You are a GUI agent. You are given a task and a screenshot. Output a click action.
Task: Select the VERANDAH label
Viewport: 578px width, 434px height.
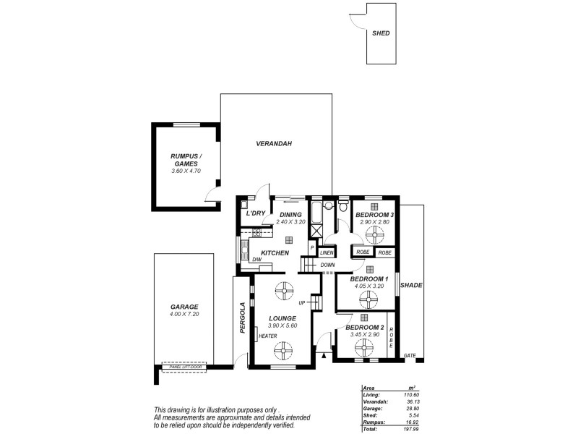click(x=273, y=144)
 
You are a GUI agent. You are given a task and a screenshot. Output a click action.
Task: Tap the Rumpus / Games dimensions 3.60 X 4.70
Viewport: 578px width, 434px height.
click(x=186, y=171)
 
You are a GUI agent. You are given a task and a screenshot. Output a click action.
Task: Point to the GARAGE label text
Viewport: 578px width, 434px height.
click(x=184, y=307)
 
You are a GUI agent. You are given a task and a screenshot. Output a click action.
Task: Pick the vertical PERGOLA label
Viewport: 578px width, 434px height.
click(x=243, y=318)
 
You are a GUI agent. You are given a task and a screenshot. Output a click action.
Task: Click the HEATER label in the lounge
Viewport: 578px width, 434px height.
click(x=267, y=335)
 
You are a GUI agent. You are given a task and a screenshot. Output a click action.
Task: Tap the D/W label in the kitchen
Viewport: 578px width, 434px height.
click(x=256, y=260)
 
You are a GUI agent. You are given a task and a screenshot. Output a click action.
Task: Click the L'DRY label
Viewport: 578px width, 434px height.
click(x=256, y=213)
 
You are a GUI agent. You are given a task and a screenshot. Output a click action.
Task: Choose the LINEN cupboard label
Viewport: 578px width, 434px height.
click(x=327, y=252)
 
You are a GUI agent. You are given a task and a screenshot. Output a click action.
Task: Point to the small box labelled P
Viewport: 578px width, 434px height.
click(x=312, y=248)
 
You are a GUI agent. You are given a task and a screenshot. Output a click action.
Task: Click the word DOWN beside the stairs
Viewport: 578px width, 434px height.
click(x=327, y=265)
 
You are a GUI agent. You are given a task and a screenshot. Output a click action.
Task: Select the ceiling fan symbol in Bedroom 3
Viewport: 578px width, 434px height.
click(x=376, y=234)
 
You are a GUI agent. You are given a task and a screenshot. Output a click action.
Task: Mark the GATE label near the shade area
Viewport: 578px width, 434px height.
click(x=410, y=355)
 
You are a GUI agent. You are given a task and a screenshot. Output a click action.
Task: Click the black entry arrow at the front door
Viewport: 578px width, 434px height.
click(x=324, y=354)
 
